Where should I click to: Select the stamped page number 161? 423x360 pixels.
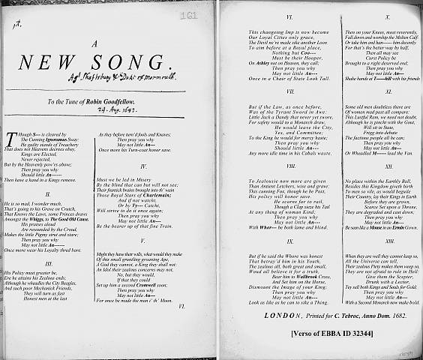188,13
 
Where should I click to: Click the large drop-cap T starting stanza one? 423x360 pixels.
9,137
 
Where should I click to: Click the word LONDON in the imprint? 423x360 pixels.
281,294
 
